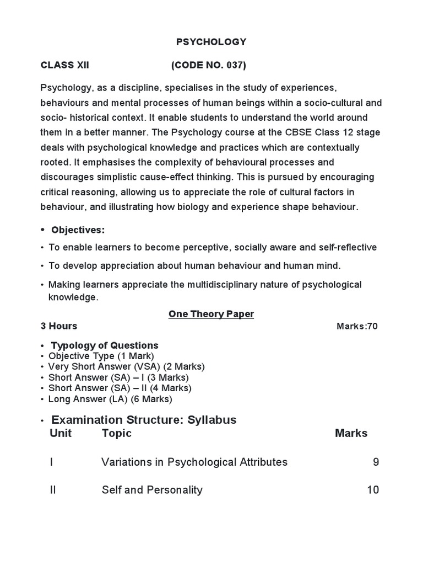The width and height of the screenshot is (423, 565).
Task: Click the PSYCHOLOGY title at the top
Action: click(211, 42)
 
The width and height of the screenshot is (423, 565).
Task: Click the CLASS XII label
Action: click(65, 66)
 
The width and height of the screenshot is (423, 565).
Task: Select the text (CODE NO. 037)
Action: click(209, 66)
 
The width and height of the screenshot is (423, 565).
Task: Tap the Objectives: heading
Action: click(78, 230)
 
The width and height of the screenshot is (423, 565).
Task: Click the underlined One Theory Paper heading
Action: click(211, 314)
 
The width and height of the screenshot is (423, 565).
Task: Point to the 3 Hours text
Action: click(59, 326)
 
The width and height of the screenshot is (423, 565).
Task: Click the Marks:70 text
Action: click(357, 326)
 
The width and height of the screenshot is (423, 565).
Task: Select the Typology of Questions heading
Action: click(105, 346)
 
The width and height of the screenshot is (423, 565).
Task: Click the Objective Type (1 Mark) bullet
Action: click(101, 356)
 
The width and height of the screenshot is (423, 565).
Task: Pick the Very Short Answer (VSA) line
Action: click(126, 367)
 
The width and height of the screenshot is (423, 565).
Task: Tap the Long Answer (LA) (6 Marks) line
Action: click(110, 399)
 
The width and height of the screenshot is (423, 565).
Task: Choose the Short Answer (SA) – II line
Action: click(120, 388)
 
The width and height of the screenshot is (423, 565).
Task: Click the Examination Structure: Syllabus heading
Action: click(144, 420)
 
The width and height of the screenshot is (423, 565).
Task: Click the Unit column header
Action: click(61, 433)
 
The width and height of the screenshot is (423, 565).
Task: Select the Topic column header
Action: click(117, 433)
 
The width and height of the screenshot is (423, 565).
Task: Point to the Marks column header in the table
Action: click(351, 433)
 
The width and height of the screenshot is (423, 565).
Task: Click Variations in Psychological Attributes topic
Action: click(194, 462)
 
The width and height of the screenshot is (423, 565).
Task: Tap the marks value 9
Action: click(376, 462)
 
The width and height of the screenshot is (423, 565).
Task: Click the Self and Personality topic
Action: click(152, 490)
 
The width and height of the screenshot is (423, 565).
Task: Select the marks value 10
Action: click(373, 490)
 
